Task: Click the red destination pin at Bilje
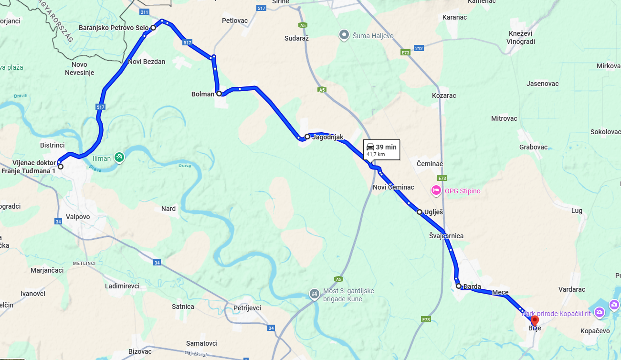point(535,320)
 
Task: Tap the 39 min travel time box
point(381,150)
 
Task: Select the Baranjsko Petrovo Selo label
point(114,28)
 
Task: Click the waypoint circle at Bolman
point(219,94)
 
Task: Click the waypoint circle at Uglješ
point(420,212)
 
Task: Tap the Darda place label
point(472,287)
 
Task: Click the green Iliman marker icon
point(119,158)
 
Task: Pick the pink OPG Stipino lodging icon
point(435,191)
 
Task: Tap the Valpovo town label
point(78,217)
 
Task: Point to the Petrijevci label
point(247,308)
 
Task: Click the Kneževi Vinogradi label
point(522,37)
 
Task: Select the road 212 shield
point(419,48)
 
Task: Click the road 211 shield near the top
point(144,11)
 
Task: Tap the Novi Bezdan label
point(147,62)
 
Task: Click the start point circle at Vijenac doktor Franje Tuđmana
point(60,167)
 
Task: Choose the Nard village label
point(168,209)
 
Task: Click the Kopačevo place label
point(595,331)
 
